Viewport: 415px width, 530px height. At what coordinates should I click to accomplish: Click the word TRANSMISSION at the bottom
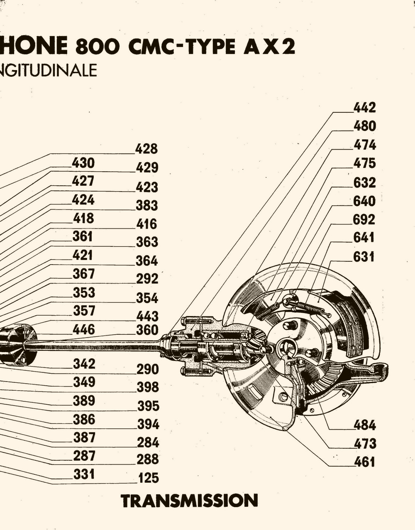(189, 501)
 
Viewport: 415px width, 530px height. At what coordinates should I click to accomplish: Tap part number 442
(364, 108)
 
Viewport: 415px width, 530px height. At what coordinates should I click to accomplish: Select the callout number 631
(364, 257)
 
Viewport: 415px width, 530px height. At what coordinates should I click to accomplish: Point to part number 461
(364, 462)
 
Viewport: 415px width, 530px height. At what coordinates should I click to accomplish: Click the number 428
(146, 149)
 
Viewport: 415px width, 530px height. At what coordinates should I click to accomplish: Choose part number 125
(149, 478)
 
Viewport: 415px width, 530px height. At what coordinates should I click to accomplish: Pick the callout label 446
(84, 330)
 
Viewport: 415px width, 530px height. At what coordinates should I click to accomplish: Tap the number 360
(147, 330)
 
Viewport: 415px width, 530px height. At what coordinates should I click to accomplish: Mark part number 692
(364, 219)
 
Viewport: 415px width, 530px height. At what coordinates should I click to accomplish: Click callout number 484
(364, 425)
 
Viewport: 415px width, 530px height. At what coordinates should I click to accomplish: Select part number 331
(84, 474)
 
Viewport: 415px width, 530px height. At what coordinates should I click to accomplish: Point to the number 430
(83, 163)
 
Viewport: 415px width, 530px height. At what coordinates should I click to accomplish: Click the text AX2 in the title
(269, 47)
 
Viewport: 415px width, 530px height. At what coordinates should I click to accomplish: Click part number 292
(147, 279)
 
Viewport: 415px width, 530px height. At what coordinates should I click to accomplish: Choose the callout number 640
(364, 201)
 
